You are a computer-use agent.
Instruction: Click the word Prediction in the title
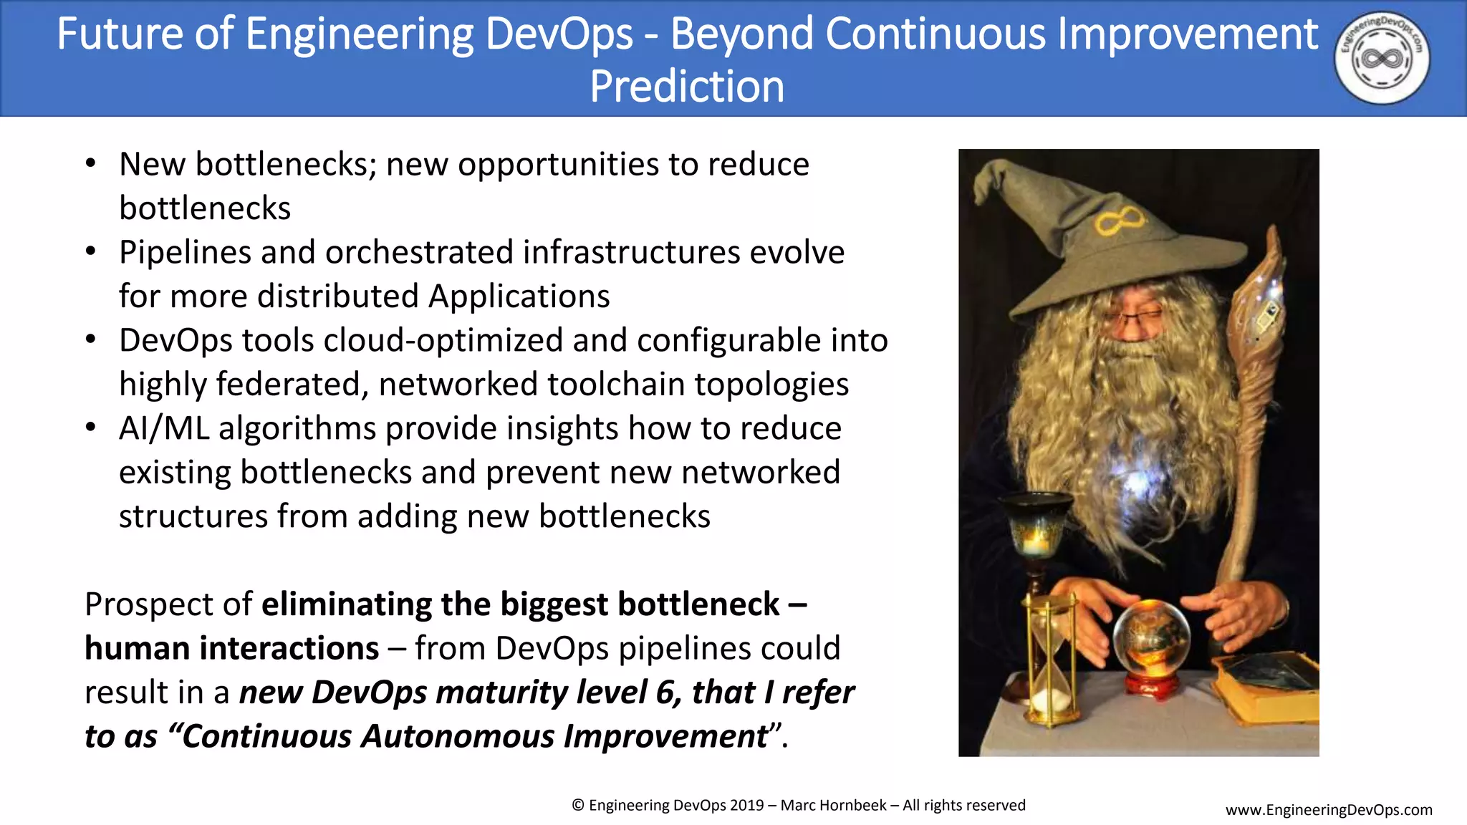(687, 87)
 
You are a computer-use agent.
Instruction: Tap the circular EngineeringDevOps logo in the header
(1382, 58)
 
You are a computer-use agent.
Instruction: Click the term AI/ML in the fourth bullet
(164, 429)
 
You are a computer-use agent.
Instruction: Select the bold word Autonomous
(458, 737)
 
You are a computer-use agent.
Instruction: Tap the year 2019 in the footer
(746, 806)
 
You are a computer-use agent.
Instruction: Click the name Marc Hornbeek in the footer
(833, 806)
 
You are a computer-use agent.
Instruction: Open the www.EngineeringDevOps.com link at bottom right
(1329, 810)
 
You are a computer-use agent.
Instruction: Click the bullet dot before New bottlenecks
(90, 164)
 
